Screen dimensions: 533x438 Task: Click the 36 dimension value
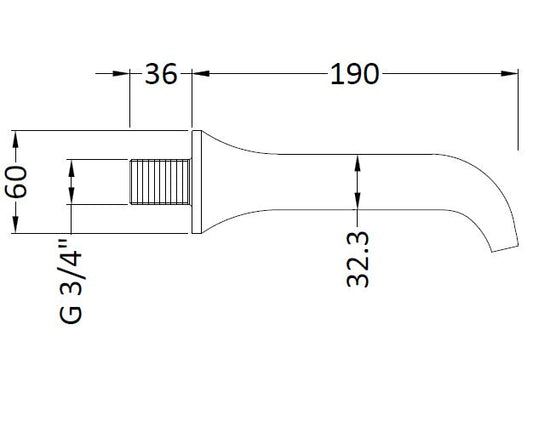click(161, 74)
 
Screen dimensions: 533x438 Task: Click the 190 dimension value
click(354, 74)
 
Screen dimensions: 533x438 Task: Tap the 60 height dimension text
click(16, 182)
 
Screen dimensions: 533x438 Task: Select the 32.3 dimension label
click(358, 259)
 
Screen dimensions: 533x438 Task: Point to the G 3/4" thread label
click(71, 282)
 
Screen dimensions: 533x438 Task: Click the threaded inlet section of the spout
click(160, 182)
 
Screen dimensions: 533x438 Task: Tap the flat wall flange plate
click(197, 182)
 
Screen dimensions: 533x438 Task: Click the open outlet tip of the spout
click(505, 249)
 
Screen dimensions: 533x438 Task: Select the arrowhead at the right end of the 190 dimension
click(509, 73)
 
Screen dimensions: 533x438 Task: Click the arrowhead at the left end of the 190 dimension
click(201, 73)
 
